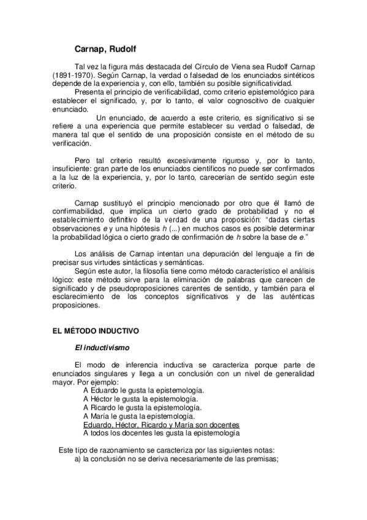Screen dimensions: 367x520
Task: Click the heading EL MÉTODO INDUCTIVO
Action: click(x=95, y=331)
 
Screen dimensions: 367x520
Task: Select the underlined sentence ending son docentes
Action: click(x=161, y=424)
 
